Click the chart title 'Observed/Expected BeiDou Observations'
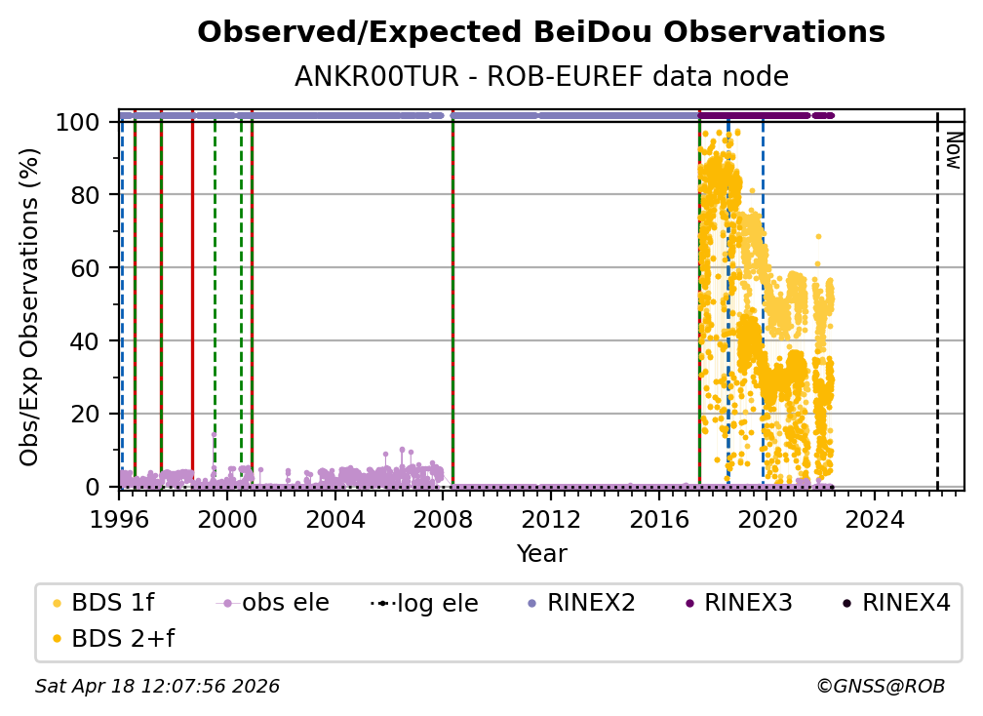point(540,32)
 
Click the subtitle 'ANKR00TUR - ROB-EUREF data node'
point(540,77)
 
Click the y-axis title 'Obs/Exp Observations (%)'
point(30,306)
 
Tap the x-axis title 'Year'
point(541,554)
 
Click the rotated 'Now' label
point(953,150)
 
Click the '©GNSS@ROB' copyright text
point(880,687)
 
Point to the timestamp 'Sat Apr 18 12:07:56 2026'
point(157,687)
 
